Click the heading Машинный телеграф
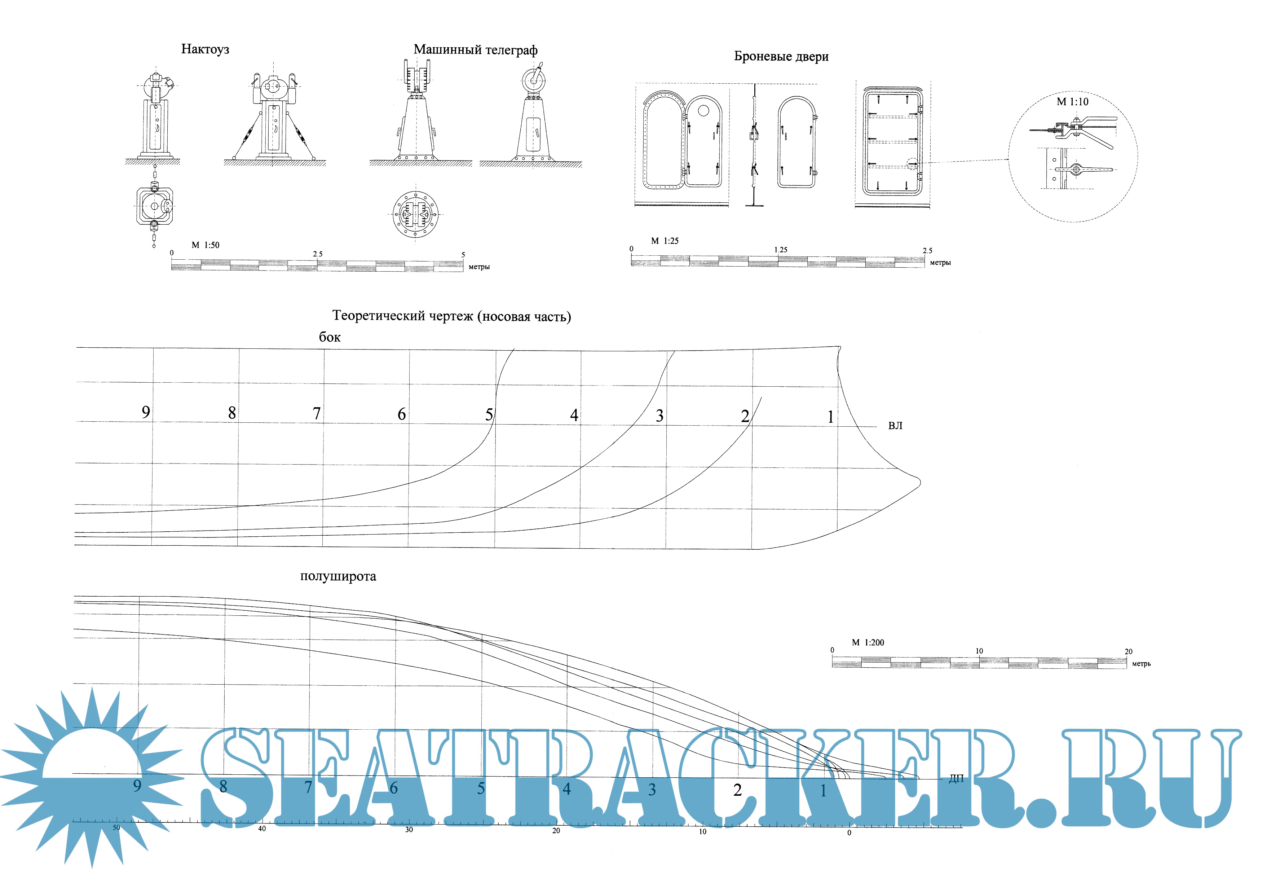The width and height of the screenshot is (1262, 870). (475, 50)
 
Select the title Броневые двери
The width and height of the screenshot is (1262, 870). (781, 56)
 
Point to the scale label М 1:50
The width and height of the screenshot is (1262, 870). (206, 245)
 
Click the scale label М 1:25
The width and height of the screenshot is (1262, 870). (665, 241)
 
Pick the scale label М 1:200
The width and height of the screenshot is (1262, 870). (868, 643)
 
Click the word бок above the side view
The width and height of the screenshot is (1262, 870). (330, 337)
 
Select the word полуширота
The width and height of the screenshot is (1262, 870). (338, 576)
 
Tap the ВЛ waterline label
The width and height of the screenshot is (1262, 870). (895, 426)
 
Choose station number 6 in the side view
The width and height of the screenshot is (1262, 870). (402, 414)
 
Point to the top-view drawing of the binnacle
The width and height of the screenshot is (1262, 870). (155, 207)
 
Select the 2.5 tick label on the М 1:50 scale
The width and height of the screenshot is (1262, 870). (318, 254)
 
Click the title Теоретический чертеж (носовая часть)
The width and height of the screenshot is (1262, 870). (452, 316)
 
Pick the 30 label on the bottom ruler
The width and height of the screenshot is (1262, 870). (409, 830)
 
